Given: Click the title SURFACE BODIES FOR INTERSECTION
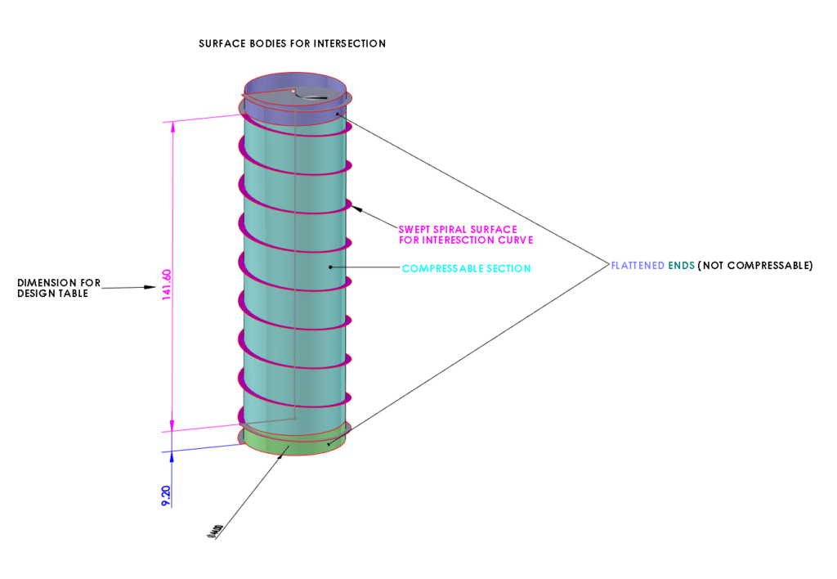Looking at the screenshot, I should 292,43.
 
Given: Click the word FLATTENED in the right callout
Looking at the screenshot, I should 638,266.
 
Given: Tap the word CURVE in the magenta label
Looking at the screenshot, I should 515,240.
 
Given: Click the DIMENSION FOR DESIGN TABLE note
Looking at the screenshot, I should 59,288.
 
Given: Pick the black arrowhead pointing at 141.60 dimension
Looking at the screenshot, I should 150,287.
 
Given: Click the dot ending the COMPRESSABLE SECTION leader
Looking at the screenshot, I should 330,267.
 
